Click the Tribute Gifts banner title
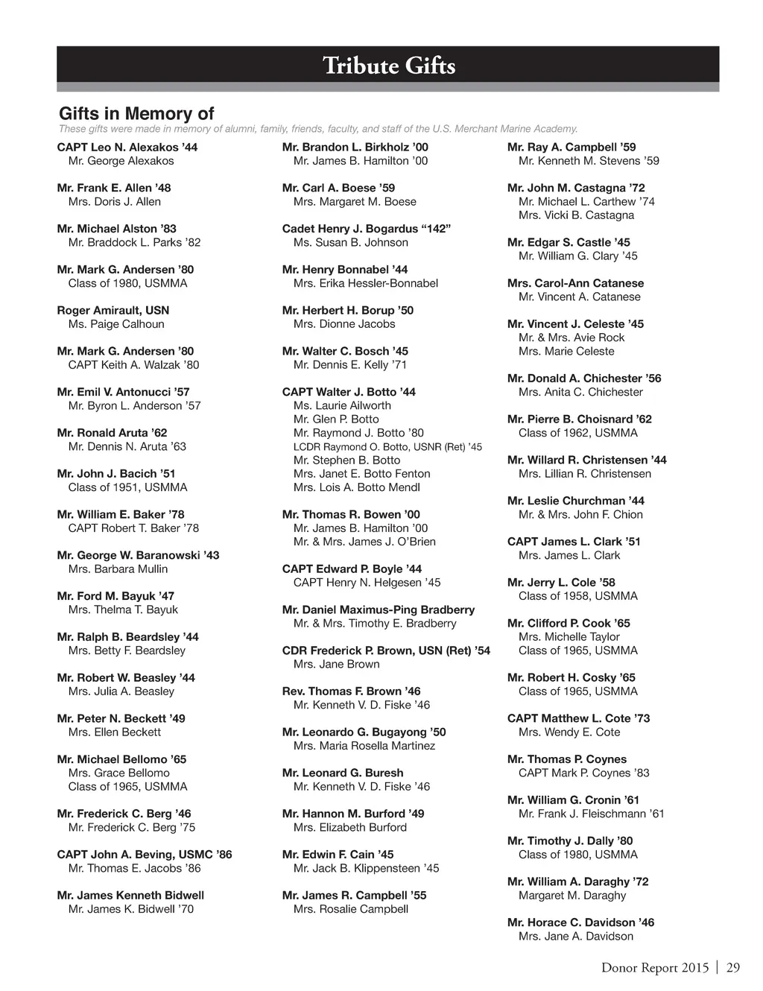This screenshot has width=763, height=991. click(389, 66)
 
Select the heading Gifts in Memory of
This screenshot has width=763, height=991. click(136, 113)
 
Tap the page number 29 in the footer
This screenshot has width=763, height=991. click(733, 968)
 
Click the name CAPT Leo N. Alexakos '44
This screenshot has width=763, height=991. click(127, 148)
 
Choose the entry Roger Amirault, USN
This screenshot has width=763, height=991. click(113, 311)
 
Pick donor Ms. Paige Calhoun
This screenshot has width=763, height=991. click(116, 324)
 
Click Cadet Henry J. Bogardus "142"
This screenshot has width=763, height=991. click(367, 229)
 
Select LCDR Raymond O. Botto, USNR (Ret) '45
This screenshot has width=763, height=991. click(387, 447)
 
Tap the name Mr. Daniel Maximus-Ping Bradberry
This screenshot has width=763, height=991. click(379, 610)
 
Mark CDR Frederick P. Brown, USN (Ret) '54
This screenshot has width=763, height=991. click(386, 651)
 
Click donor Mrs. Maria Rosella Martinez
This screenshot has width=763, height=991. click(364, 746)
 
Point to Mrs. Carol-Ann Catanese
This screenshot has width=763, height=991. click(575, 283)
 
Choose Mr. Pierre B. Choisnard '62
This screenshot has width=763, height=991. click(580, 419)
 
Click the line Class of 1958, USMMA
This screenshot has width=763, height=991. click(578, 596)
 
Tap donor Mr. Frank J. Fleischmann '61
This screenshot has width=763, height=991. click(592, 814)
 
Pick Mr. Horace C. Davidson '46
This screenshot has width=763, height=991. click(580, 922)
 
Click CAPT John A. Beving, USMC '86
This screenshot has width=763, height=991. click(145, 855)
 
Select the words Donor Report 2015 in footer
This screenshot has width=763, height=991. click(655, 968)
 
